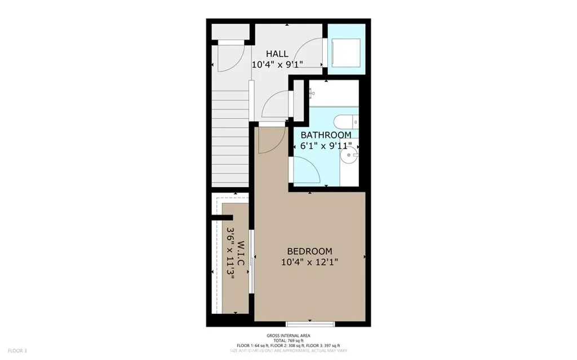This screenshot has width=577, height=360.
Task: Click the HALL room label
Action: click(x=277, y=54)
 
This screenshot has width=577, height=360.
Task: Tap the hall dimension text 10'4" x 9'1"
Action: click(x=277, y=64)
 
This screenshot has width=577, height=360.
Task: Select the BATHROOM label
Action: click(x=326, y=135)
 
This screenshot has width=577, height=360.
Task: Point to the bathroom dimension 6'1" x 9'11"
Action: click(x=326, y=146)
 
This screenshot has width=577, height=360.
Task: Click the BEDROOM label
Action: click(x=309, y=251)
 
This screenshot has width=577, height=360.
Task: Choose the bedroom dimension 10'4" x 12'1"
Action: click(x=309, y=261)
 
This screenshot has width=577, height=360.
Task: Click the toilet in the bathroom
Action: click(x=345, y=121)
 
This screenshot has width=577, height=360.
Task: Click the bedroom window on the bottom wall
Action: click(x=310, y=323)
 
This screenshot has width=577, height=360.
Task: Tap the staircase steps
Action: click(x=231, y=141)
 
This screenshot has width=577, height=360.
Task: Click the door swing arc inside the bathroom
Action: click(x=307, y=169)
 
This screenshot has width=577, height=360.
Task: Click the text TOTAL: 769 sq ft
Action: click(x=288, y=340)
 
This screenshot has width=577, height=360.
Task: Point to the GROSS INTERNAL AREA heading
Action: click(x=288, y=335)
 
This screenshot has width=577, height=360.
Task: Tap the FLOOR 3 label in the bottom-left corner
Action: click(x=17, y=350)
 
